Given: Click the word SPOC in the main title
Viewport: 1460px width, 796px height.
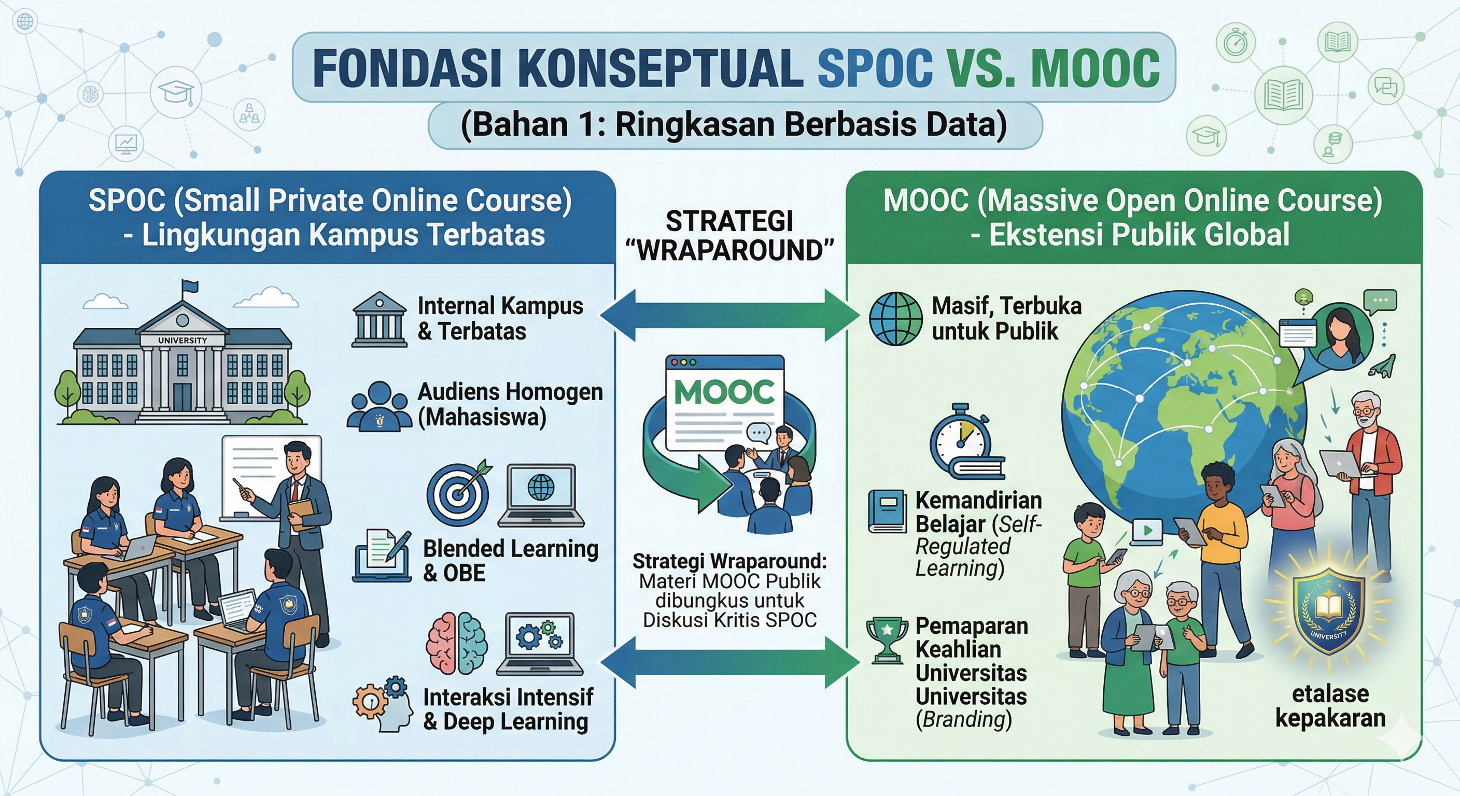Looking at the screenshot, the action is [875, 68].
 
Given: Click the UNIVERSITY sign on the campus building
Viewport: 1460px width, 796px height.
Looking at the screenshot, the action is [182, 340].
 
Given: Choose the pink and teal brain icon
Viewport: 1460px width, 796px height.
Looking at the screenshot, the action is [457, 644].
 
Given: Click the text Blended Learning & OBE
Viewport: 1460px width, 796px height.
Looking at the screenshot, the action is [511, 560].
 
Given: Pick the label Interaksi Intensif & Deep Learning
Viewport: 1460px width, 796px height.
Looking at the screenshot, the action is [508, 709].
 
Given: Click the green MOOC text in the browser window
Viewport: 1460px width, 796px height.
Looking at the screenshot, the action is [725, 391].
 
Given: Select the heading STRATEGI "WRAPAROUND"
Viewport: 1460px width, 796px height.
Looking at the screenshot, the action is [730, 236].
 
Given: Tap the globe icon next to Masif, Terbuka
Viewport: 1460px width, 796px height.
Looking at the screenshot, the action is [896, 319].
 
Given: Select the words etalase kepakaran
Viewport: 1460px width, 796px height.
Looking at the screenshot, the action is [1330, 706].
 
